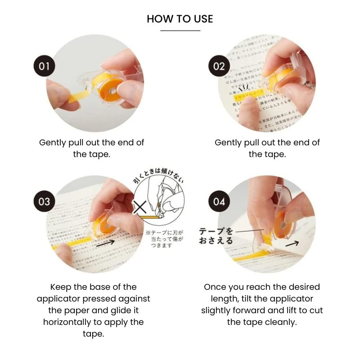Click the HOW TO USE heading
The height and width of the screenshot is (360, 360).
point(180,19)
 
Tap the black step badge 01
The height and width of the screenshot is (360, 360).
point(44,66)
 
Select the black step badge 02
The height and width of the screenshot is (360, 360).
point(219,66)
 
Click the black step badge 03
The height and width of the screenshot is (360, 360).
point(44,201)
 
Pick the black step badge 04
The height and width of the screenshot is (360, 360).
point(219,201)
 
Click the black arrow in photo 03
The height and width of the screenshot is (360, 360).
point(112,242)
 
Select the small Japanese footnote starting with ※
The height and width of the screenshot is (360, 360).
point(164,239)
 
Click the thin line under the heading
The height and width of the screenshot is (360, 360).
point(180,31)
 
